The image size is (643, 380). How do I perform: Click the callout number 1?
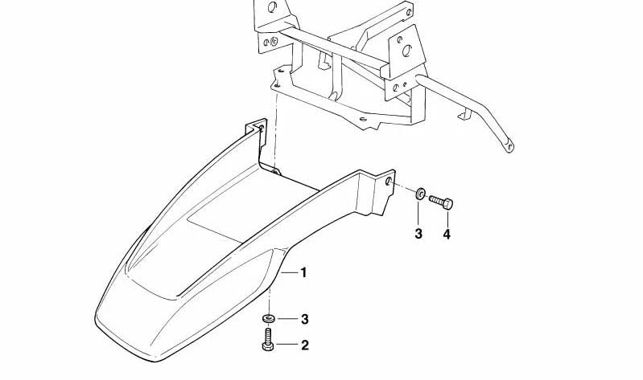(304, 273)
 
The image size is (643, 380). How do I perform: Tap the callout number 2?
(304, 346)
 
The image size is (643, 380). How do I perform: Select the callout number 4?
(447, 235)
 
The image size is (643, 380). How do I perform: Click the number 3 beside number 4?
(418, 235)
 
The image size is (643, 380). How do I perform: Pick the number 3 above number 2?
(304, 320)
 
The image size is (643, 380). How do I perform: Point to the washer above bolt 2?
(268, 319)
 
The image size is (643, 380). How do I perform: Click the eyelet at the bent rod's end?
(509, 145)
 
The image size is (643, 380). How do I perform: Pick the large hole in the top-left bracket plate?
(271, 10)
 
